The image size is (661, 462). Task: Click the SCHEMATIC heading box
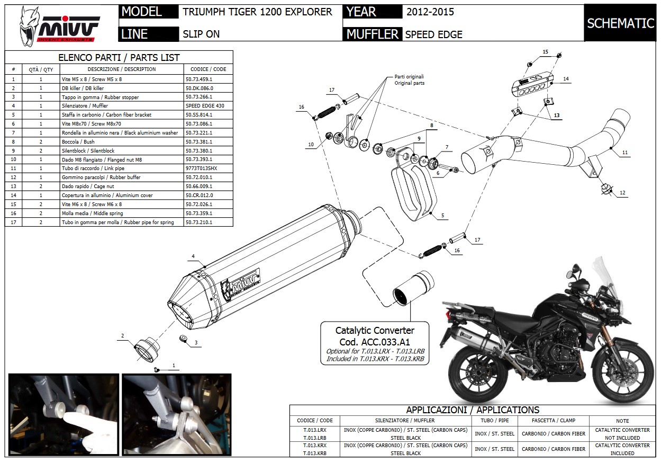tap(620, 23)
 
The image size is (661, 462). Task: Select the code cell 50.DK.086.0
tap(199, 88)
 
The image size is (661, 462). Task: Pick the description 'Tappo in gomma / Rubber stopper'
tap(101, 97)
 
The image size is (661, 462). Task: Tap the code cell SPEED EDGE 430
tap(205, 106)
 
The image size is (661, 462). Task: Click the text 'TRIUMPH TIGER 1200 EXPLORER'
tap(257, 12)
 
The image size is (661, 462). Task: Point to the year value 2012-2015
tap(430, 12)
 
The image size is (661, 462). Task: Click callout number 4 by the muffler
tap(193, 256)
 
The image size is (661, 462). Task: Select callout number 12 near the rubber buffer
tap(622, 193)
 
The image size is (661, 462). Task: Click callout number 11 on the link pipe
tap(625, 152)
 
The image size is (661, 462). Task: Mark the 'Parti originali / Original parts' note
tap(409, 79)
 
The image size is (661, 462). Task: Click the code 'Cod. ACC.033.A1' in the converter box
tap(375, 342)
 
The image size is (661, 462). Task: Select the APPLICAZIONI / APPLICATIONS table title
tap(473, 410)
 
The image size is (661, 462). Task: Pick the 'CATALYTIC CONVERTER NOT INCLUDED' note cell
tap(622, 433)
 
